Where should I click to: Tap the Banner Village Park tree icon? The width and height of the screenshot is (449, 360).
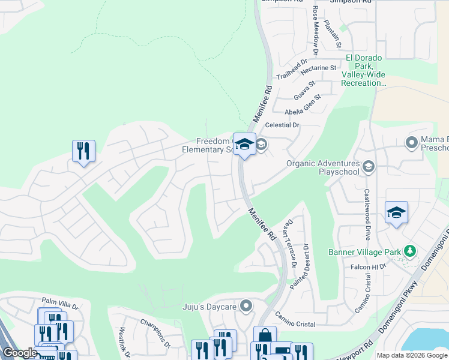[x=410, y=250]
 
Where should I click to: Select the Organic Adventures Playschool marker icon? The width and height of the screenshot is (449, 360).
[x=369, y=167]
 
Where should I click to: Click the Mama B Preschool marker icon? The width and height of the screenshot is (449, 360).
[x=411, y=143]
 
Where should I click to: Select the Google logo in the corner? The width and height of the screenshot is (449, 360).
[x=20, y=353]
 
